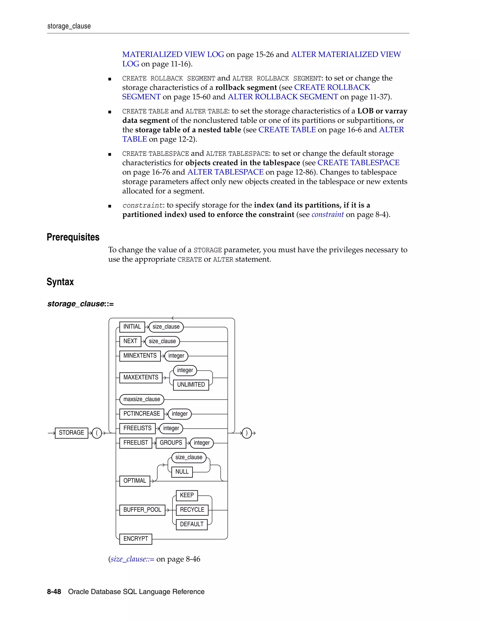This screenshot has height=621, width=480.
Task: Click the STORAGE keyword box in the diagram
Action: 71,433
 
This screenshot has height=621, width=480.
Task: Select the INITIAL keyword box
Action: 132,327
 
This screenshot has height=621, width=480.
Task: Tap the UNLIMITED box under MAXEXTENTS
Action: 191,385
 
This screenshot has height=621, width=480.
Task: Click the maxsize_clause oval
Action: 142,399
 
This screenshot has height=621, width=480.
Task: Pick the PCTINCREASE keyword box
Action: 142,414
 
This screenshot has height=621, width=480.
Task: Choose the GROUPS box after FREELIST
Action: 171,443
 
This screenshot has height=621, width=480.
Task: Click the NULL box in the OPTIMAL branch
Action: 182,472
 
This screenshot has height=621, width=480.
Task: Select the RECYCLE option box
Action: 192,510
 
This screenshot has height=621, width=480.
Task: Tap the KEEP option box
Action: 187,495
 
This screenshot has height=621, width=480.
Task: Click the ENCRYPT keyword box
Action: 136,539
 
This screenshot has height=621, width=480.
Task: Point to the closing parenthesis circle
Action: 247,433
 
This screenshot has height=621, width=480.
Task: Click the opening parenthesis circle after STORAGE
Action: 97,433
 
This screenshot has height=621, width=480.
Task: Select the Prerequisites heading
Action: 73,237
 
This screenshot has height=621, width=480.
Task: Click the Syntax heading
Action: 60,282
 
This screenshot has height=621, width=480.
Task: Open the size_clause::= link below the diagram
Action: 132,559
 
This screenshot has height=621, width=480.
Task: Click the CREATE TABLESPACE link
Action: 358,163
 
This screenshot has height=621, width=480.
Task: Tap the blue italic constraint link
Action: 328,214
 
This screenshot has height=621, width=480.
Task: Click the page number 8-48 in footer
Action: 54,592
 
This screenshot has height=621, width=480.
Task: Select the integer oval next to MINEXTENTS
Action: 176,356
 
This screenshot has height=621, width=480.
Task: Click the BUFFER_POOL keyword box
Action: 142,510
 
